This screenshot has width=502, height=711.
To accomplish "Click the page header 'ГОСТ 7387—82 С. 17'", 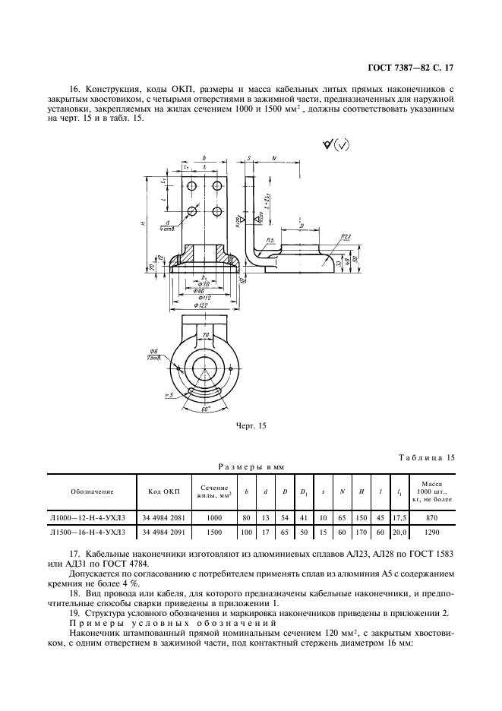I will click(x=414, y=68).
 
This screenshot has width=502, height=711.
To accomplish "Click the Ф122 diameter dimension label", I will click(x=202, y=304).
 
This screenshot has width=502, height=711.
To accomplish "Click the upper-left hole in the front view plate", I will click(x=193, y=185).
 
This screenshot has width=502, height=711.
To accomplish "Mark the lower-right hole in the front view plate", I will click(x=217, y=210).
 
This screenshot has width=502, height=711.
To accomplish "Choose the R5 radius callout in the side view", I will click(x=270, y=241).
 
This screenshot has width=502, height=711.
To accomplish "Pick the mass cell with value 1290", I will click(x=431, y=533).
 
